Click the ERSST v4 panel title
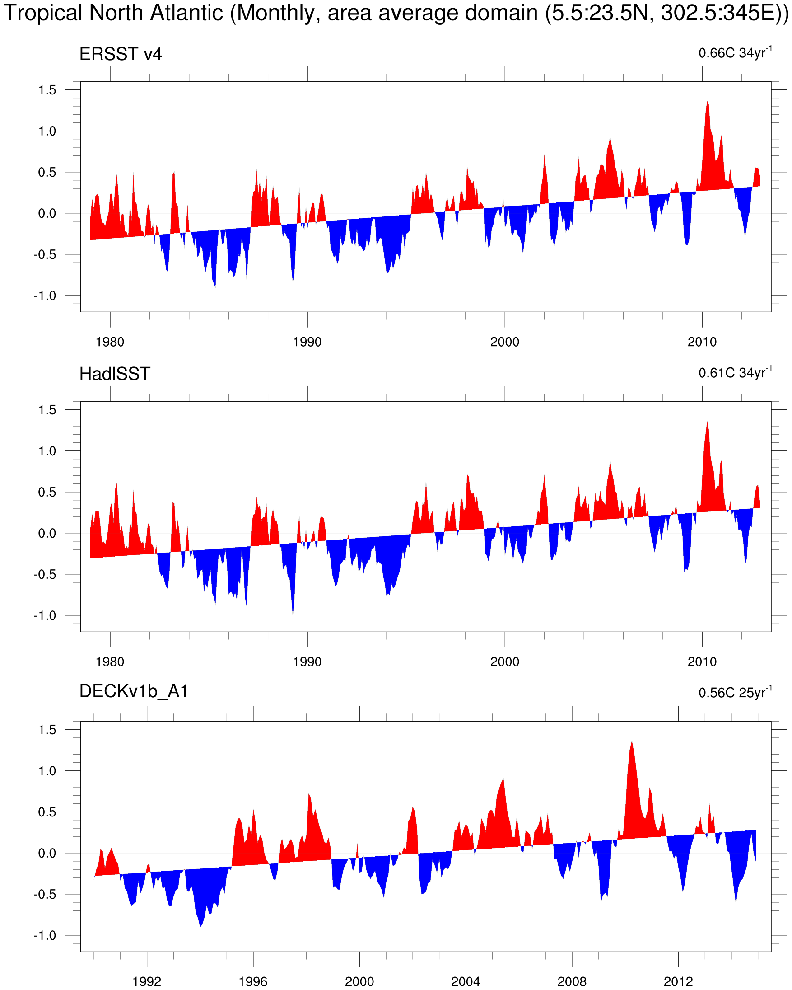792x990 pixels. pyautogui.click(x=121, y=54)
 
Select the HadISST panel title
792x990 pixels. pyautogui.click(x=115, y=374)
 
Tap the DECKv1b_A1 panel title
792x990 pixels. pyautogui.click(x=134, y=691)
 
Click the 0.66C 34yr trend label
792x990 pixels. pyautogui.click(x=735, y=52)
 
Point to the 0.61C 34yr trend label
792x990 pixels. pyautogui.click(x=735, y=372)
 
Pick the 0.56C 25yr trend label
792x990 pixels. pyautogui.click(x=735, y=692)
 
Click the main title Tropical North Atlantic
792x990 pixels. pyautogui.click(x=396, y=13)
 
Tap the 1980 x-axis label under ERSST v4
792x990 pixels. pyautogui.click(x=110, y=342)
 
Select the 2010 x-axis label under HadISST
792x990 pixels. pyautogui.click(x=702, y=662)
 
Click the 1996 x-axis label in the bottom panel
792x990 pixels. pyautogui.click(x=253, y=981)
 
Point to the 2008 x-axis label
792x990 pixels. pyautogui.click(x=572, y=981)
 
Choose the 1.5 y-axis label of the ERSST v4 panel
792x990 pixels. pyautogui.click(x=47, y=90)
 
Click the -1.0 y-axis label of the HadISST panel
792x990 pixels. pyautogui.click(x=45, y=616)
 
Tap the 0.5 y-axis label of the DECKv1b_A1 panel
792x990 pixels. pyautogui.click(x=47, y=812)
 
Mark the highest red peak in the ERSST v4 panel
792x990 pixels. pyautogui.click(x=707, y=103)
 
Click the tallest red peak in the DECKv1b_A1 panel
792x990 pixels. pyautogui.click(x=632, y=742)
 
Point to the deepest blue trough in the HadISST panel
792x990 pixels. pyautogui.click(x=293, y=614)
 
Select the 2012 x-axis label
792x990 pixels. pyautogui.click(x=678, y=981)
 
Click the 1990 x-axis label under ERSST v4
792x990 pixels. pyautogui.click(x=307, y=342)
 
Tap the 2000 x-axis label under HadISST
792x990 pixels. pyautogui.click(x=505, y=662)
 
